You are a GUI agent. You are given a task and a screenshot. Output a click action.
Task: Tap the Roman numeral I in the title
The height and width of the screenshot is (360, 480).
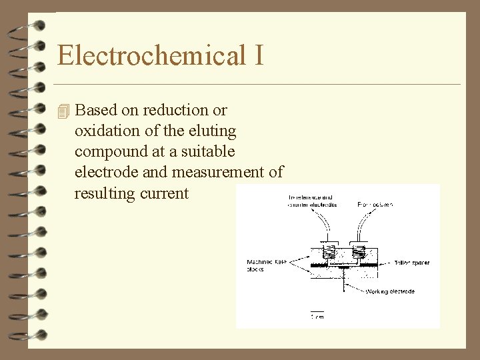click(x=259, y=55)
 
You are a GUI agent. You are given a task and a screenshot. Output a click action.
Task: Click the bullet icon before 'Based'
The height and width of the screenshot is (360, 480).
click(x=63, y=110)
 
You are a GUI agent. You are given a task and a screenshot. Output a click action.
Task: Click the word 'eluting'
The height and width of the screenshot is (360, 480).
click(x=212, y=131)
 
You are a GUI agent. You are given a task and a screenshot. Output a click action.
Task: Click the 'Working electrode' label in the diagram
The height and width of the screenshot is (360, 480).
click(x=390, y=291)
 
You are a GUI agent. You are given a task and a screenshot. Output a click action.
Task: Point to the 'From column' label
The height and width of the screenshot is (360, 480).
click(x=375, y=204)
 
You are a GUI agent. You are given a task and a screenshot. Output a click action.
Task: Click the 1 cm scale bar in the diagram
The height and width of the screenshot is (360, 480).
click(x=317, y=313)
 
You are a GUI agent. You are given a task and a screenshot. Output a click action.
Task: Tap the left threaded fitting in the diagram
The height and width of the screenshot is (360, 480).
click(x=328, y=253)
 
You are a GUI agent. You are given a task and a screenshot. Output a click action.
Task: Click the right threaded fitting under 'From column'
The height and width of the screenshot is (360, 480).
click(x=360, y=253)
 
